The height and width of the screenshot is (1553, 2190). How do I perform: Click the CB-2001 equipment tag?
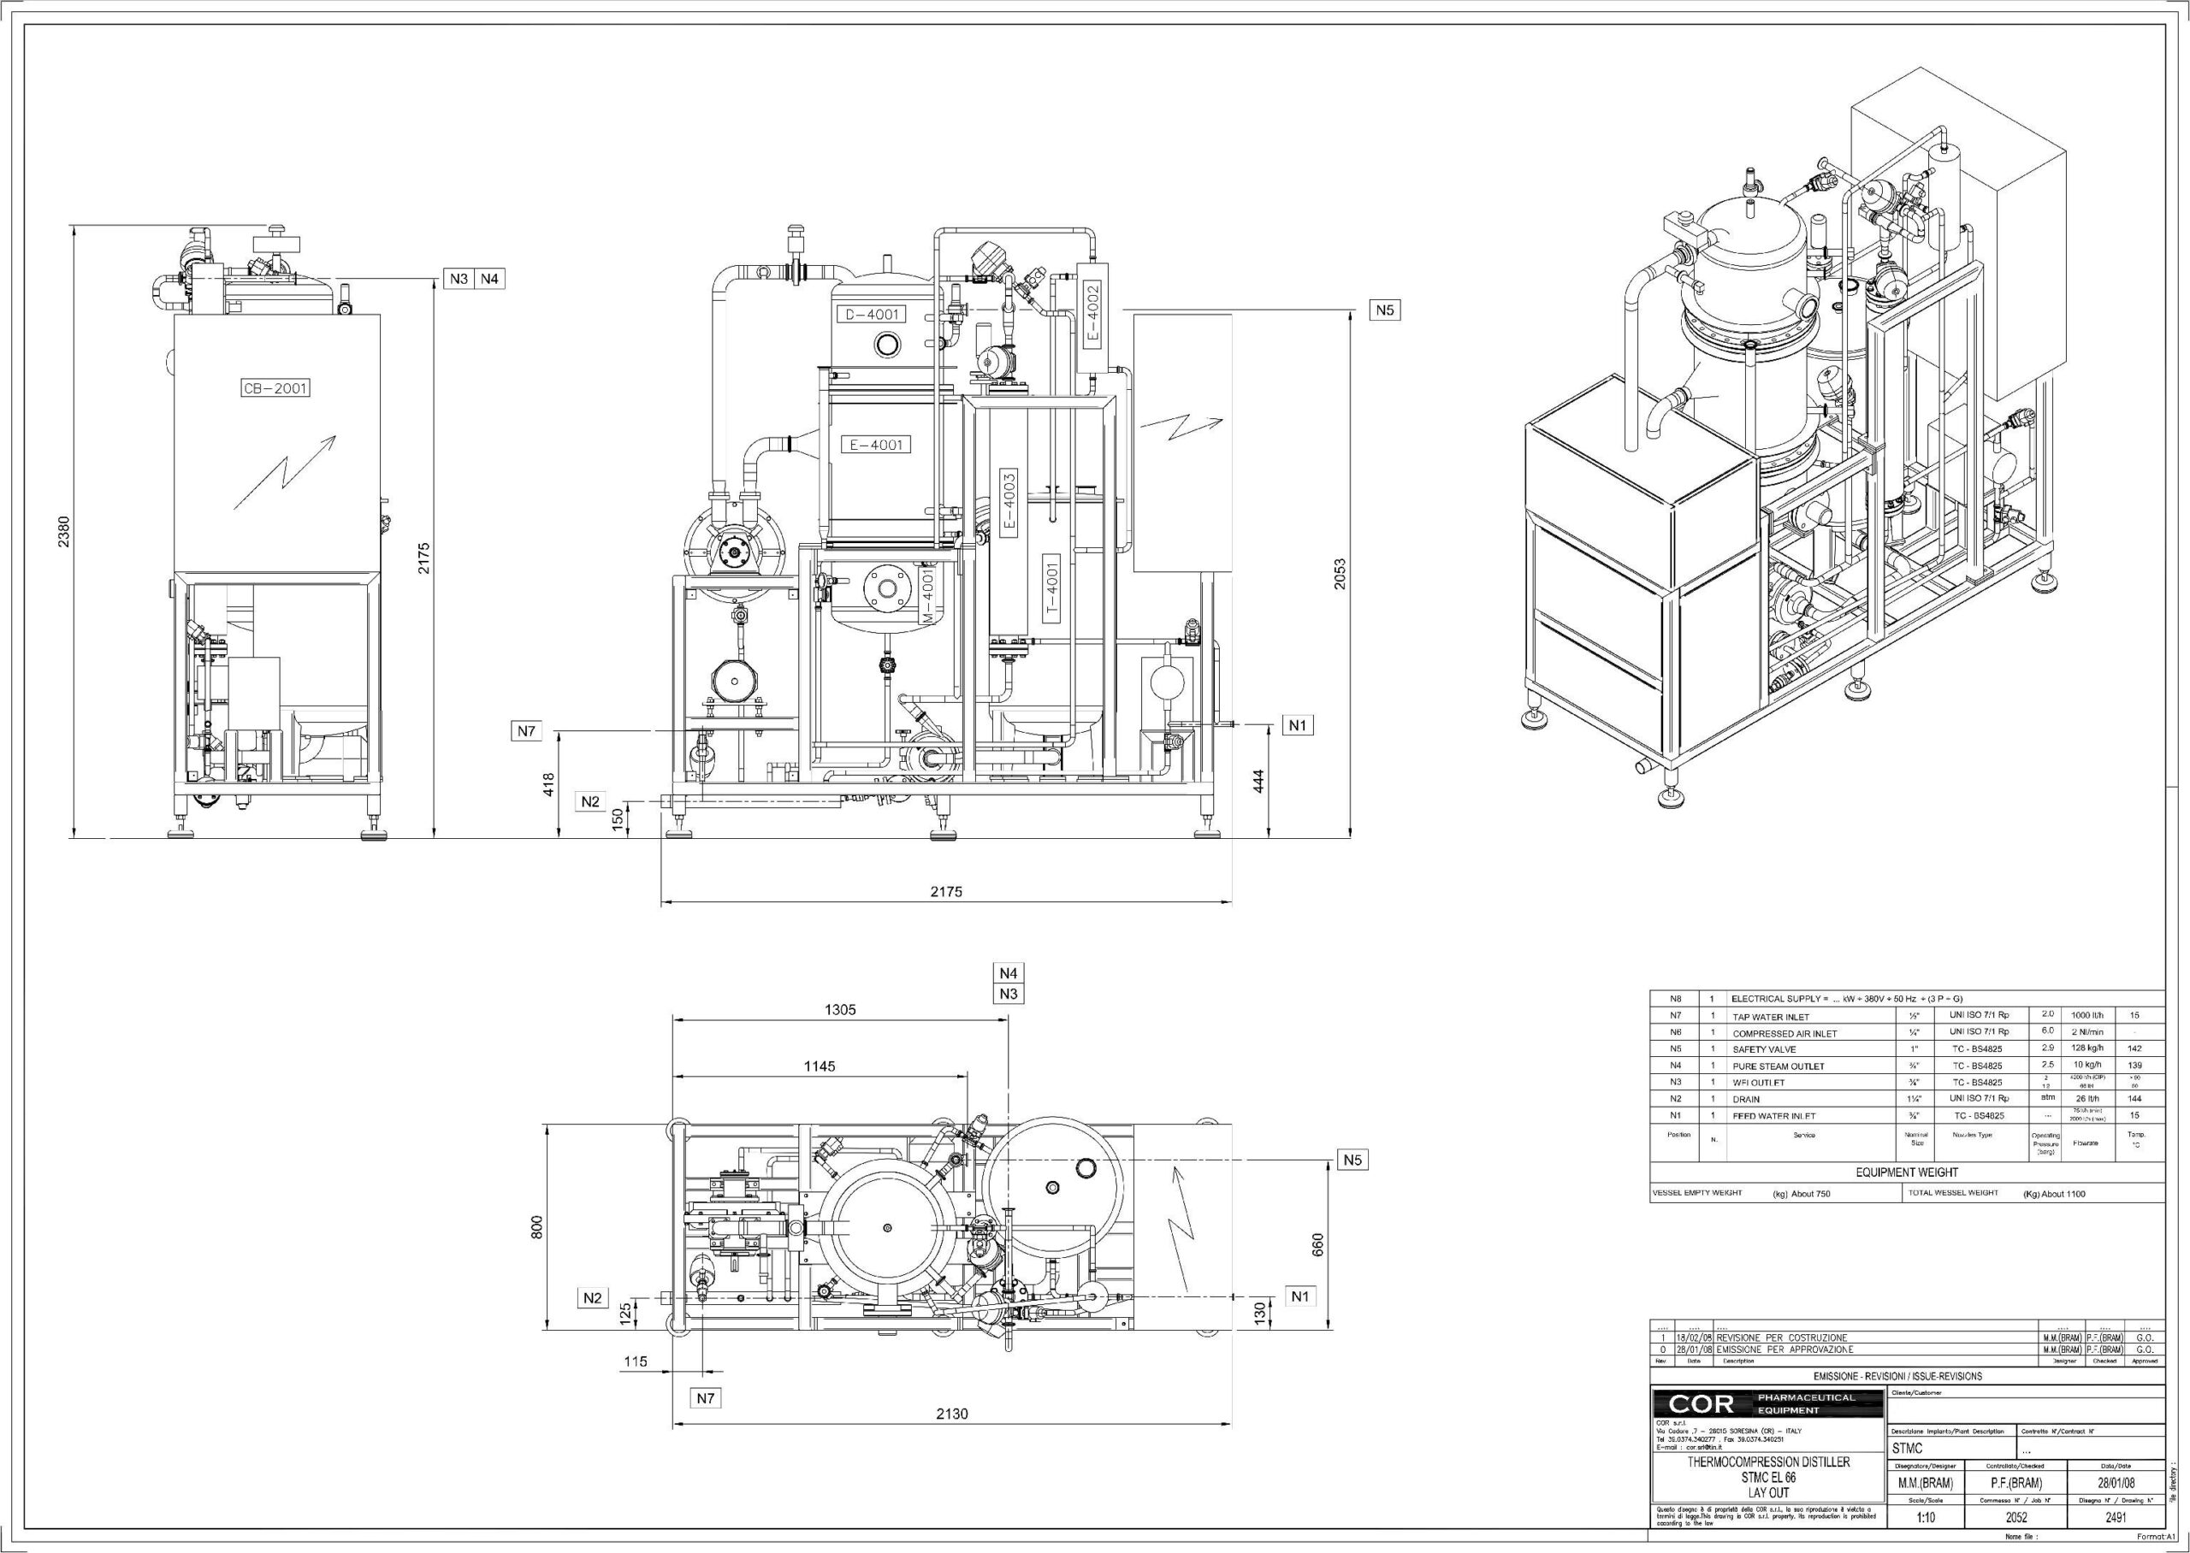tap(275, 388)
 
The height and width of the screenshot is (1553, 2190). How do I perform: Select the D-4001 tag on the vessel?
tap(869, 315)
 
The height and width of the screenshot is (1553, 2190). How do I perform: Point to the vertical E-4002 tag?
tap(1092, 314)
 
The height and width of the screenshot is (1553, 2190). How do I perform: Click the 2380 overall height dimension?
tap(63, 532)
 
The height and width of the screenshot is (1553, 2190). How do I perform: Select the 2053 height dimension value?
tap(1340, 574)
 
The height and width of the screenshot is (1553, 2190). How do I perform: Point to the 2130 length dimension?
tap(951, 1414)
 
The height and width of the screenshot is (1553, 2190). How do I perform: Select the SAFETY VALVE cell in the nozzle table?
tap(1763, 1050)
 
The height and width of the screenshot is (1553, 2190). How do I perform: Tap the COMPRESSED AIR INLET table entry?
tap(1784, 1034)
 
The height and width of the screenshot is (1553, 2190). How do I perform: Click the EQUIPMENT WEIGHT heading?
tap(1906, 1172)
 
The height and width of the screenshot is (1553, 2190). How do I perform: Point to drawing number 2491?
tap(2116, 1518)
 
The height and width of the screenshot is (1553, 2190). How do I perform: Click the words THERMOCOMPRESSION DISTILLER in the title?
tap(1768, 1462)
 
